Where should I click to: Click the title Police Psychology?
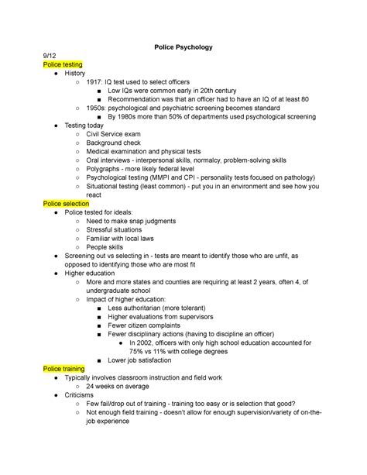pos(183,47)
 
